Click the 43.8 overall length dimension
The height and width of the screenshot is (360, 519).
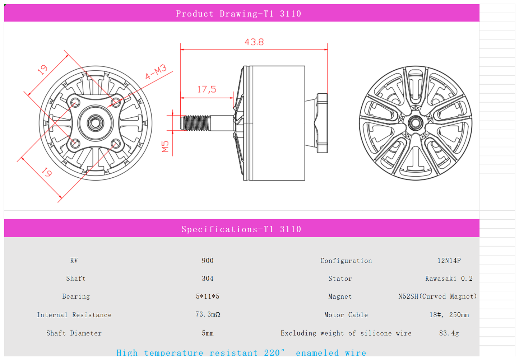tap(254, 42)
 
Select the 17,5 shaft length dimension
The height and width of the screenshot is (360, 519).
tap(207, 89)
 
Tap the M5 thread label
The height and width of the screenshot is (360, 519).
tap(165, 146)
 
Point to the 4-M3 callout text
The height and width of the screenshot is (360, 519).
tap(156, 71)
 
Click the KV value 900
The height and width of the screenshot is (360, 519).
tap(208, 261)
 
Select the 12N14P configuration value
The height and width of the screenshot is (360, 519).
tap(449, 261)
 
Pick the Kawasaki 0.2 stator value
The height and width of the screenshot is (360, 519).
tap(449, 279)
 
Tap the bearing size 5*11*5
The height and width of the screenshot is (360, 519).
tap(208, 296)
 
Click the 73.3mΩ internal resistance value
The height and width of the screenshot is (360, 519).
tap(208, 314)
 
